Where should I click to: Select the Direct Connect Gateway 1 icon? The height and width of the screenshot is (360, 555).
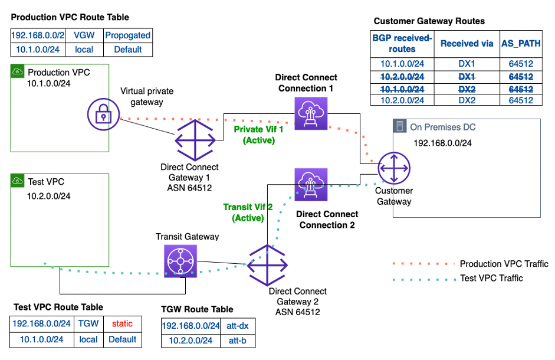(x=193, y=140)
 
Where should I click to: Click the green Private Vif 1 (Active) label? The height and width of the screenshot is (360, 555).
(x=258, y=135)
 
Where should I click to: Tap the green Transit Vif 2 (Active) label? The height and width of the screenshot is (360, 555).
(x=248, y=212)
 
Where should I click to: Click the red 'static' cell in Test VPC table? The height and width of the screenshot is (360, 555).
(x=122, y=323)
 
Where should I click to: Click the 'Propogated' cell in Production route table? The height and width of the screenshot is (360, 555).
(x=127, y=35)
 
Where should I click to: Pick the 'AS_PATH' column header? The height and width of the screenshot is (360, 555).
(x=520, y=44)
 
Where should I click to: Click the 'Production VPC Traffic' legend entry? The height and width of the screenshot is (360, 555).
(x=504, y=264)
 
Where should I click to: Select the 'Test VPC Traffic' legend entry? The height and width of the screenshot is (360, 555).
(x=491, y=278)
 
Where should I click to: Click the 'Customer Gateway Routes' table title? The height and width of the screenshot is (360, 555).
(x=429, y=21)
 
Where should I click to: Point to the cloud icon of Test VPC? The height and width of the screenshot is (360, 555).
(x=18, y=181)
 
